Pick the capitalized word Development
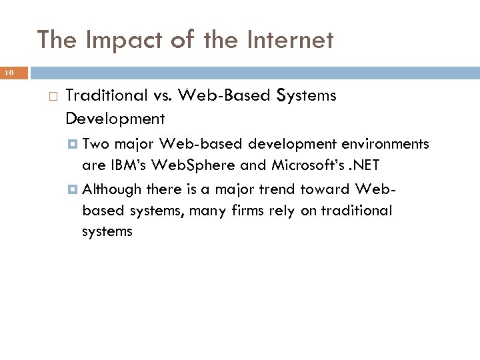(115, 119)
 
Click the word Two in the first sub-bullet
(97, 144)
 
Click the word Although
(113, 189)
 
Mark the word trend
(272, 189)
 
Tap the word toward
(323, 189)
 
